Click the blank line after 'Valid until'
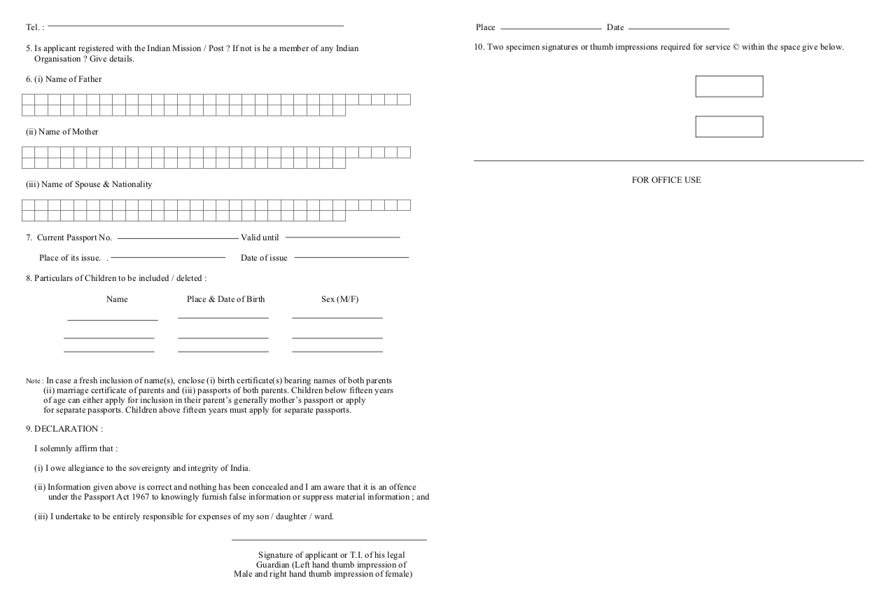[342, 237]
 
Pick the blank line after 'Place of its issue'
[168, 257]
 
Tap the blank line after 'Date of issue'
[351, 257]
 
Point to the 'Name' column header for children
[117, 299]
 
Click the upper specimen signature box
[729, 86]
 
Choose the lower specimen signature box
[729, 127]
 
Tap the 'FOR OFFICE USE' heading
[666, 180]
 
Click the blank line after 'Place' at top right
[551, 28]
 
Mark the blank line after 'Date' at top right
[679, 28]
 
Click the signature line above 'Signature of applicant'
[329, 540]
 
